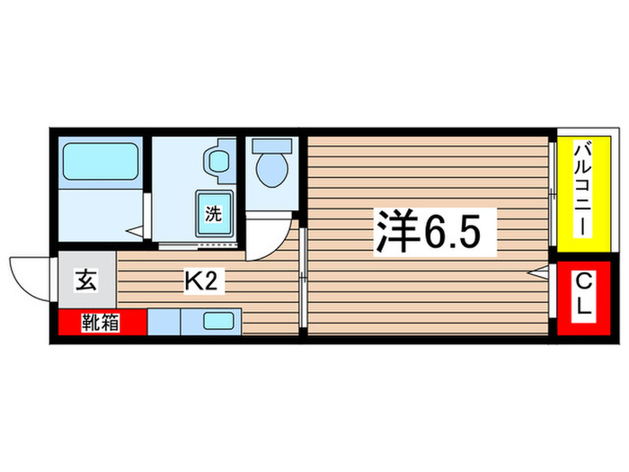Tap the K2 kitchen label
coord(200,281)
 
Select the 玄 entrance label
coord(84,281)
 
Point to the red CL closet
coord(583,298)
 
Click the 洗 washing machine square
coord(214,215)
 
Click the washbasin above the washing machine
coord(218,163)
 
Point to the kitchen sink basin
coord(220,321)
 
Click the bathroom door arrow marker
coord(137,232)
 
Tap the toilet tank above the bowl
coord(271,144)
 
